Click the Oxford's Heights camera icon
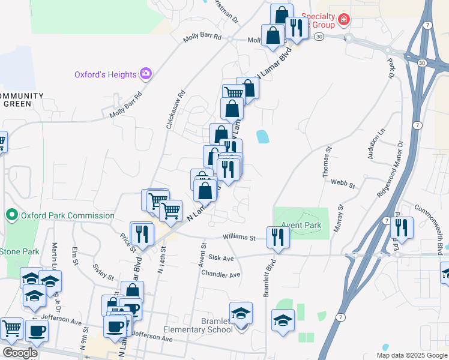click(145, 74)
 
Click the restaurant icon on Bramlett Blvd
click(278, 236)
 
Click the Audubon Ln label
click(367, 145)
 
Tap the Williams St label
click(240, 238)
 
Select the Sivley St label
click(103, 272)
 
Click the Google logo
click(19, 352)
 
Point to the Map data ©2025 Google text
click(411, 355)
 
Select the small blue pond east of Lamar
click(262, 137)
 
